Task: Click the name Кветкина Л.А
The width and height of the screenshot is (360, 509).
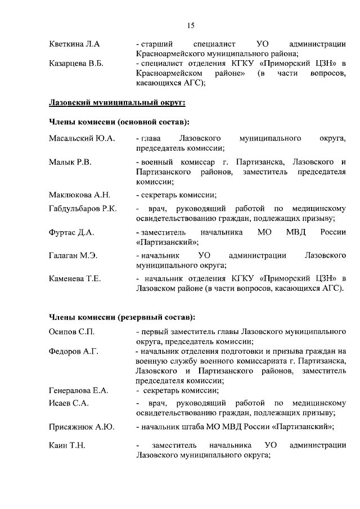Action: coord(74,44)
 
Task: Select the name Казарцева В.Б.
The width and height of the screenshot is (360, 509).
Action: coord(77,64)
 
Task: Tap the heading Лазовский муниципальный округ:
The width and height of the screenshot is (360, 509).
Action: coord(117,102)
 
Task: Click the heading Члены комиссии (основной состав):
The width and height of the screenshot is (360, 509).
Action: coord(119,121)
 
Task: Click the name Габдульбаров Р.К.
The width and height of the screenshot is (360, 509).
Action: coord(83,209)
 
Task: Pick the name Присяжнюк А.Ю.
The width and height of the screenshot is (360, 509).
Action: coord(82,427)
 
